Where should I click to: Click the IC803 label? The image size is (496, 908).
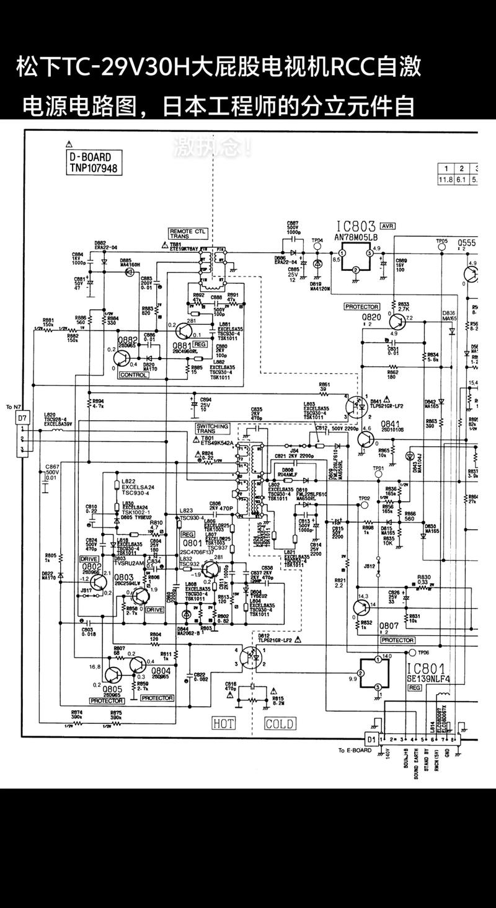pos(356,227)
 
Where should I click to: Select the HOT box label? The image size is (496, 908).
pos(224,723)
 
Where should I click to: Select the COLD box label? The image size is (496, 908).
pos(279,723)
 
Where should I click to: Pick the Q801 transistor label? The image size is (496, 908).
pos(188,542)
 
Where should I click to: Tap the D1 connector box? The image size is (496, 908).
pos(371,739)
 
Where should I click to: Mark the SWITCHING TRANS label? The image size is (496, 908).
pos(212,429)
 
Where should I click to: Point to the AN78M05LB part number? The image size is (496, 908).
pos(356,237)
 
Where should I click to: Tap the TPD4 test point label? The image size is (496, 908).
pos(317,240)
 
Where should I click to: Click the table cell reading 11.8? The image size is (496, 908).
pos(445,180)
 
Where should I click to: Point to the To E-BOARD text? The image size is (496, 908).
pos(355,751)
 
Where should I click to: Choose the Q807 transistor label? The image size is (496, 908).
pos(389,626)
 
